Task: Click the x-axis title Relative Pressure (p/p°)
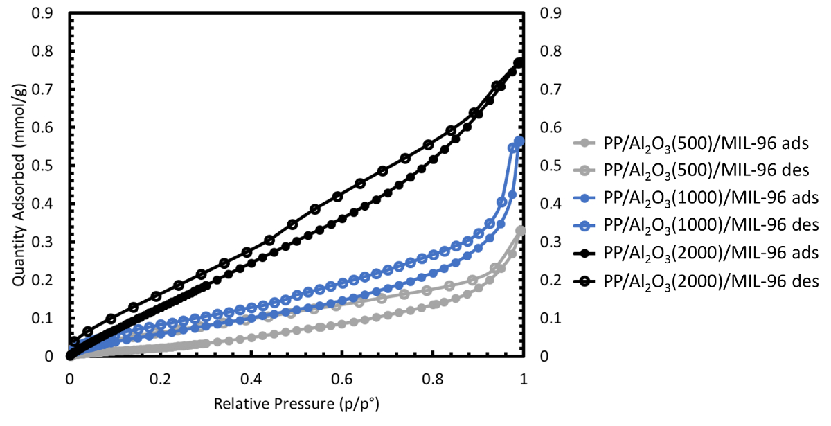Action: tap(296, 403)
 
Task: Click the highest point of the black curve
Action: tap(519, 63)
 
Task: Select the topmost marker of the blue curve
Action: tap(519, 141)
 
